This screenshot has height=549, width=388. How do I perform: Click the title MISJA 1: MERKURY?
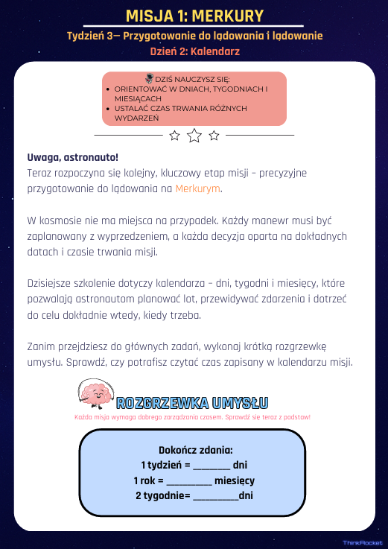tap(194, 16)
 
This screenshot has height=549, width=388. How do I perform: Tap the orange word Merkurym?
tap(198, 188)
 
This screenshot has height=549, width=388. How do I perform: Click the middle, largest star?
tap(194, 135)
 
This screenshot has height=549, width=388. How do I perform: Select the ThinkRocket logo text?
tap(362, 543)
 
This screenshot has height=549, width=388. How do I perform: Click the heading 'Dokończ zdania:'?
tap(196, 450)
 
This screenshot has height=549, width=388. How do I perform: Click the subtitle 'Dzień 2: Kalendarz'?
tap(194, 51)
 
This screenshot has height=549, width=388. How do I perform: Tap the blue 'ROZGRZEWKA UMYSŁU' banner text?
tap(192, 404)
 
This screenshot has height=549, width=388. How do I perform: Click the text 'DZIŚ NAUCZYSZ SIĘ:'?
tap(193, 79)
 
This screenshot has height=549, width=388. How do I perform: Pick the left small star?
tap(174, 135)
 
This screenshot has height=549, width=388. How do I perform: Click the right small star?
tap(214, 135)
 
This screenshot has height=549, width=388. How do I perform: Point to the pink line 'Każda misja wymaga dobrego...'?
tap(192, 417)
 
